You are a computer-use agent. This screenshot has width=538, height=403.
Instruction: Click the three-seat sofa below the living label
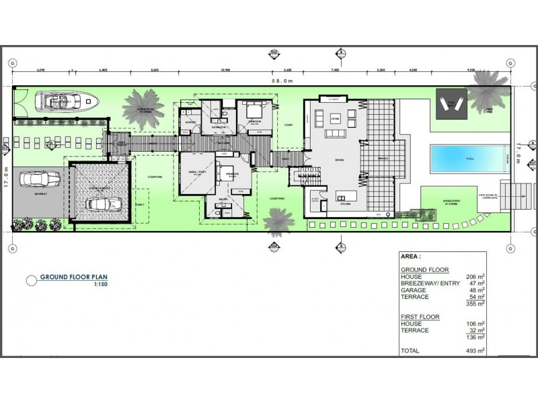(x=334, y=133)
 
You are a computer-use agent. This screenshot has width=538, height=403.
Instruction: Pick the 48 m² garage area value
(x=476, y=289)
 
